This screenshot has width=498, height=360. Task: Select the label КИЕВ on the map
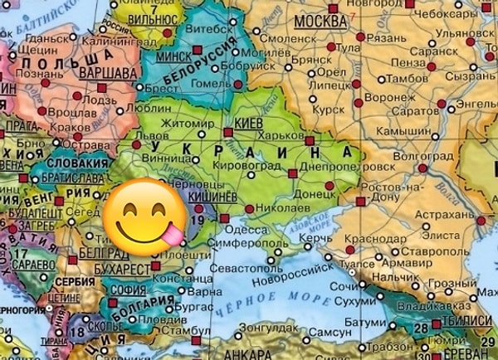coord(250,121)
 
